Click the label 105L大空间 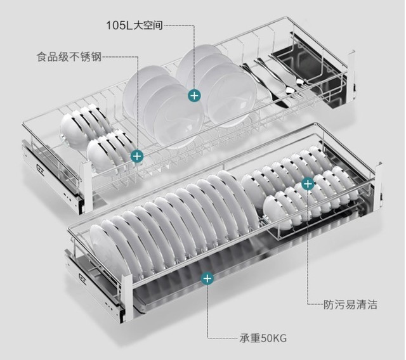pyautogui.click(x=135, y=25)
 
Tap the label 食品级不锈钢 pyautogui.click(x=69, y=57)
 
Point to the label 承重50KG pyautogui.click(x=259, y=336)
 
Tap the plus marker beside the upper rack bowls pyautogui.click(x=136, y=155)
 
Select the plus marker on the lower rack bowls pyautogui.click(x=308, y=184)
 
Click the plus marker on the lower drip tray pyautogui.click(x=207, y=278)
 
